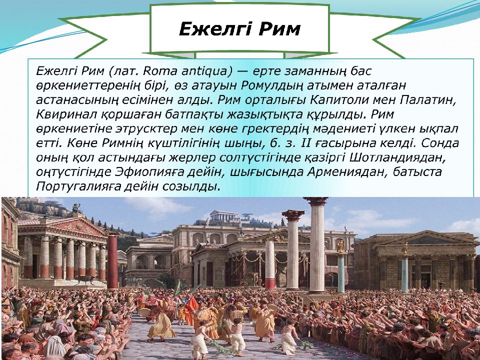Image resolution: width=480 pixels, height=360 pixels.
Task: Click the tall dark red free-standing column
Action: tap(113, 260)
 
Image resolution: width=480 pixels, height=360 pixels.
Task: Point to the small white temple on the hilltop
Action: tap(224, 216)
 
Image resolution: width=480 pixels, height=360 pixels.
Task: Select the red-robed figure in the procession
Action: tap(190, 310)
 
